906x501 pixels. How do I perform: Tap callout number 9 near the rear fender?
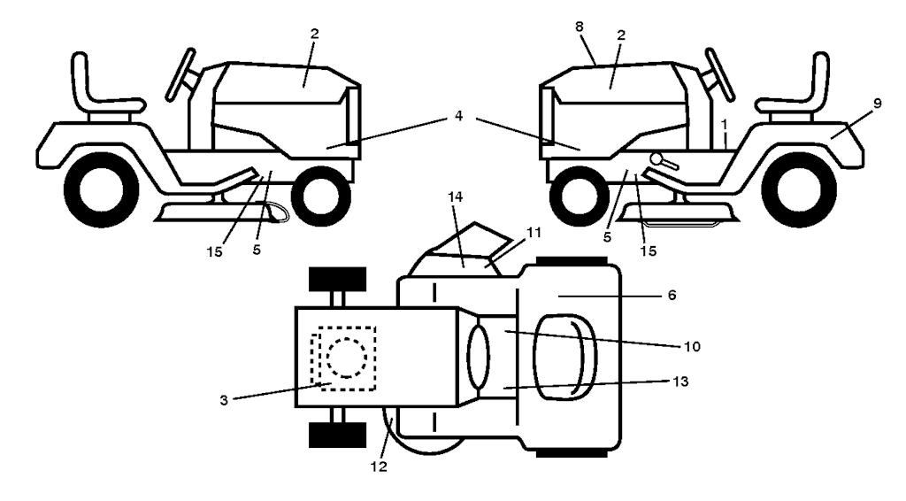(877, 104)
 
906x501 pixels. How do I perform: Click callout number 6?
(672, 295)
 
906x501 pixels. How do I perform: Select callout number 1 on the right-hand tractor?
(723, 119)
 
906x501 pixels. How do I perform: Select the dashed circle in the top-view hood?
(346, 357)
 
